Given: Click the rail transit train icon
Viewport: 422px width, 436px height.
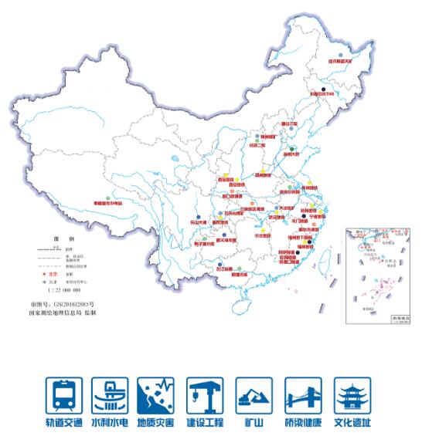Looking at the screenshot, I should (64, 395).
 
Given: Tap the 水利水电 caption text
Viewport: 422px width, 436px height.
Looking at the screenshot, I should (111, 423).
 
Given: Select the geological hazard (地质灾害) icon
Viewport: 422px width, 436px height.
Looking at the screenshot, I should (157, 395).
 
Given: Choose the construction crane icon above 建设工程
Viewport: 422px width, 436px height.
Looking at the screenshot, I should (205, 395).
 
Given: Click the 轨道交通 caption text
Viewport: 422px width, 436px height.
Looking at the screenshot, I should (64, 423).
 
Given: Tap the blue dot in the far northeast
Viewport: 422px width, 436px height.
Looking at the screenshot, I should (340, 54).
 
